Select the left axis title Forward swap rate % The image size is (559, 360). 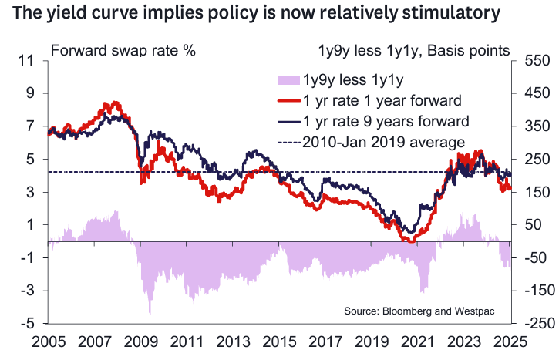123,51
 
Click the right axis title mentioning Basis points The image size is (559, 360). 414,51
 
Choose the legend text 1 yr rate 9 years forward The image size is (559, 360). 386,121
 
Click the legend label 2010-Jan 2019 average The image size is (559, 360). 383,142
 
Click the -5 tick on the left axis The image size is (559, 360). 29,324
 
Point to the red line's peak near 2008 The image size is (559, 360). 116,102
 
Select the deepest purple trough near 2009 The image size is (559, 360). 150,312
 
